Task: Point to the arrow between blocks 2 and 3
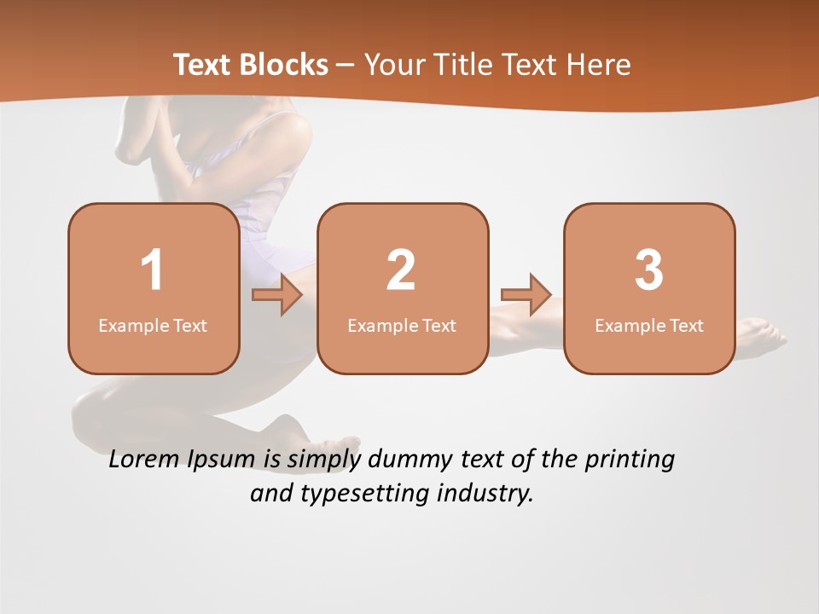pyautogui.click(x=526, y=295)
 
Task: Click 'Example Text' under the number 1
pyautogui.click(x=153, y=326)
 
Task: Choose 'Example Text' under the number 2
pyautogui.click(x=402, y=326)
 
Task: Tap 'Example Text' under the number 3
pyautogui.click(x=649, y=326)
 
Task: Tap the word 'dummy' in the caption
pyautogui.click(x=408, y=460)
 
